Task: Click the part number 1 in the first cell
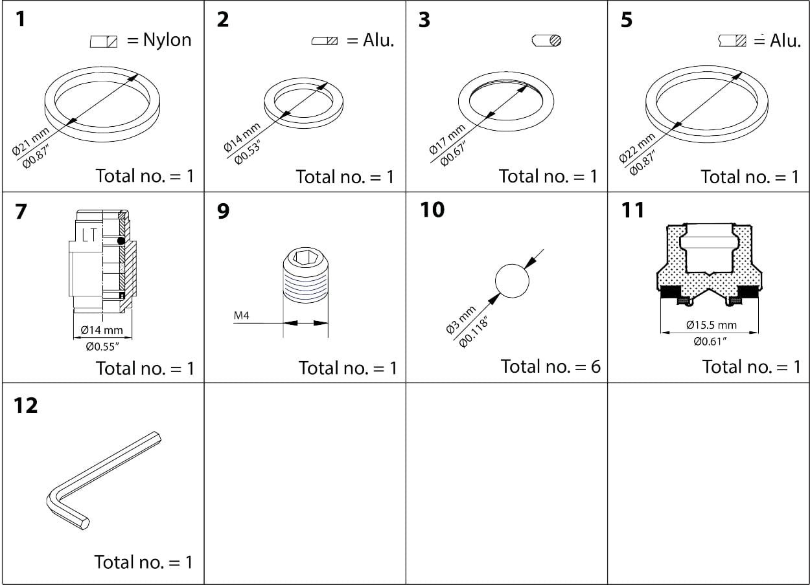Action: tap(21, 19)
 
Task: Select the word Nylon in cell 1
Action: tap(167, 40)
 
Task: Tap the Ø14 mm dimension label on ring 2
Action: tap(242, 137)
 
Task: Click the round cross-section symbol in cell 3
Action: tap(546, 40)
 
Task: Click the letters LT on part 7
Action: tap(89, 236)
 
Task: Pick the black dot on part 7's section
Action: tap(121, 241)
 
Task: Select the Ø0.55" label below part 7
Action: tap(102, 347)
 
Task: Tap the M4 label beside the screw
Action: tap(242, 316)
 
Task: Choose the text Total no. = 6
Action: tap(550, 367)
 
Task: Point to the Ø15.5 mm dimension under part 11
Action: tap(711, 325)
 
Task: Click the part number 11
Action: tap(632, 210)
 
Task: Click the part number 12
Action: tap(25, 406)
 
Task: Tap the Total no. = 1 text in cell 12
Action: tap(143, 562)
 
